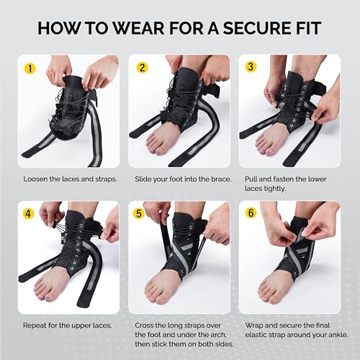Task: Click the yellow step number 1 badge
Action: pos(30,70)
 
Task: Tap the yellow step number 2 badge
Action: pos(143,70)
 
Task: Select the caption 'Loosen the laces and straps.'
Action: pos(70,178)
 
